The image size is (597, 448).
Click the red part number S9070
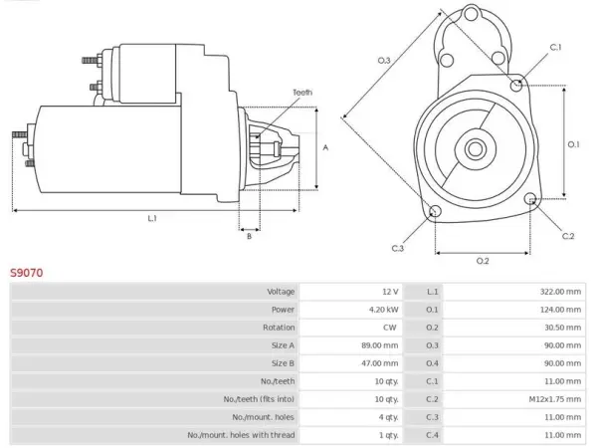[x=26, y=273]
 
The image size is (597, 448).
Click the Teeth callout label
[x=302, y=93]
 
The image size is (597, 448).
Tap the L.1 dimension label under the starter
[x=152, y=218]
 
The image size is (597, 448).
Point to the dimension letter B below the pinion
[x=249, y=236]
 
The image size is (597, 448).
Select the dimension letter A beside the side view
[x=325, y=147]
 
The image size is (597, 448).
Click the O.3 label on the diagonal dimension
[x=384, y=60]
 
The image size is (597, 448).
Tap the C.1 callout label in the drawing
[x=555, y=47]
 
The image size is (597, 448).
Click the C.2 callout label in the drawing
[x=568, y=236]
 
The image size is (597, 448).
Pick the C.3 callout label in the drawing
[x=397, y=248]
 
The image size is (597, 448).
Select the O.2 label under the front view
[x=483, y=261]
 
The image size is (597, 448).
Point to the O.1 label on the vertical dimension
[x=574, y=144]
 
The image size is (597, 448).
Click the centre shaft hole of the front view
[x=475, y=149]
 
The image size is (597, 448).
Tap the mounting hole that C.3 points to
[x=435, y=211]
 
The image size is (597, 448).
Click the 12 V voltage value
[x=390, y=292]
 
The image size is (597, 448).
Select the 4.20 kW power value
[x=384, y=310]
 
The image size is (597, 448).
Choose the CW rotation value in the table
[x=389, y=328]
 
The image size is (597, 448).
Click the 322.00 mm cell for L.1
[x=560, y=292]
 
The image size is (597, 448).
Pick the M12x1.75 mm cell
[x=555, y=399]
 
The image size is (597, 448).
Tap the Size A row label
[x=283, y=345]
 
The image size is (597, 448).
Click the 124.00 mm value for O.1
[x=560, y=310]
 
